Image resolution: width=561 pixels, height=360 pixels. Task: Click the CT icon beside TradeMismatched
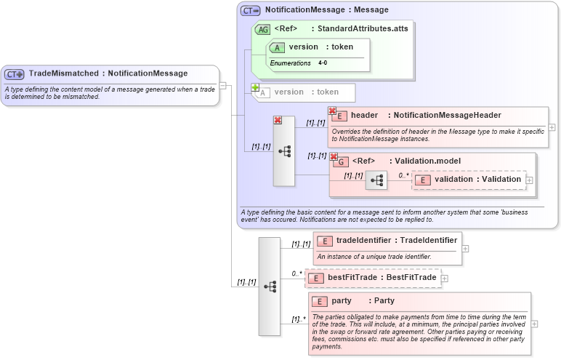(15, 73)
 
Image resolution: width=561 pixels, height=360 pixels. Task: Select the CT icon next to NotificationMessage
(251, 10)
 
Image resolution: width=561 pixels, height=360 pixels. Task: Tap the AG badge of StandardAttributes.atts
(262, 29)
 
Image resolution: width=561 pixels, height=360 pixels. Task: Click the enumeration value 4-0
(323, 63)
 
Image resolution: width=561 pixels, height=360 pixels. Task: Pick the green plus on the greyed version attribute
(255, 87)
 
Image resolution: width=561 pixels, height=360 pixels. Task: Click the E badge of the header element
(338, 116)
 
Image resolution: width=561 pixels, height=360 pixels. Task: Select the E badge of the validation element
(423, 180)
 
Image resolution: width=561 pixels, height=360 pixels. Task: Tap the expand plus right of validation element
(530, 180)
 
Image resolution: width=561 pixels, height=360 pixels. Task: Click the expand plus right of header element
(552, 127)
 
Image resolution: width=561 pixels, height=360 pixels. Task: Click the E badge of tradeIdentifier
(326, 241)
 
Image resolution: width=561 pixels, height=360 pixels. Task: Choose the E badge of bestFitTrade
(318, 278)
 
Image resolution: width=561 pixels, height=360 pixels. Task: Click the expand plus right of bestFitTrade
(445, 278)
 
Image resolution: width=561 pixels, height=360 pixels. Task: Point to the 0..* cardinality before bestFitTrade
(296, 273)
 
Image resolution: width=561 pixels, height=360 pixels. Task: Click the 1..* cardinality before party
(297, 319)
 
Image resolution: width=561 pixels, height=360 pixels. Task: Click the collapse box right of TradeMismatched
(222, 85)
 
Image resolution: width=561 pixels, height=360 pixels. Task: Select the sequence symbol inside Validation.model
(376, 180)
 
